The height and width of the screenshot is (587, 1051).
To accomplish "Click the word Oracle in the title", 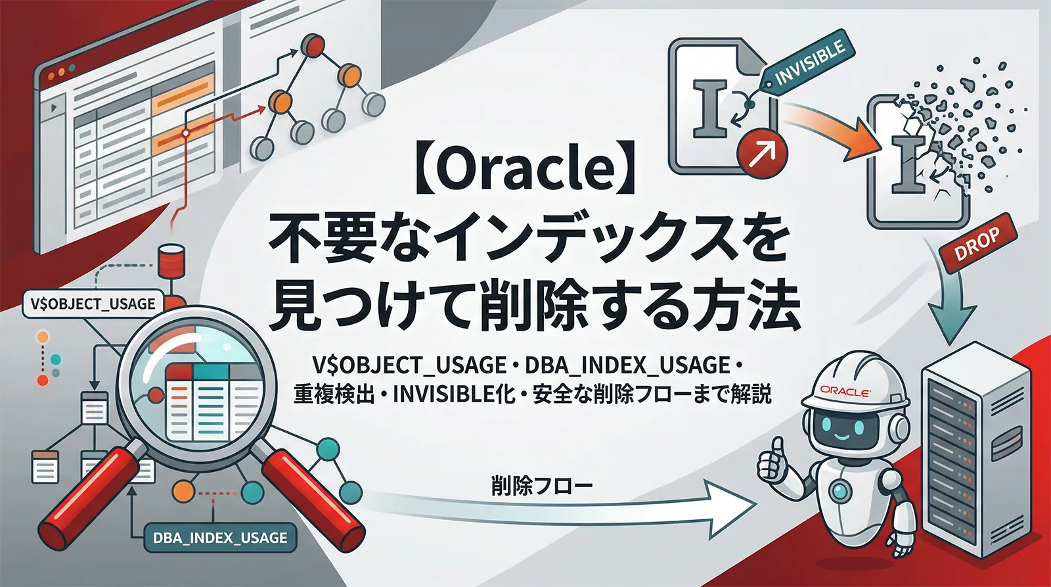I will click(526, 170).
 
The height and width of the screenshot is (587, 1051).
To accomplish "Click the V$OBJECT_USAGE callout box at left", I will click(93, 304).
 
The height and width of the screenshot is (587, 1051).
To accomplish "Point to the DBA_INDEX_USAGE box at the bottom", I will click(219, 538).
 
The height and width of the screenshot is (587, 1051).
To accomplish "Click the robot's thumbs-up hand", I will click(774, 461).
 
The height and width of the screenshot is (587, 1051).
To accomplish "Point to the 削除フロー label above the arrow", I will click(541, 486).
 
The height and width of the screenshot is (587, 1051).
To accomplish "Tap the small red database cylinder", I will click(171, 262).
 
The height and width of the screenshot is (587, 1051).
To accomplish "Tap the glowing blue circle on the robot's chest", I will click(841, 489).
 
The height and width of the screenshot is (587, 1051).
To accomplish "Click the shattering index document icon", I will click(913, 164).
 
